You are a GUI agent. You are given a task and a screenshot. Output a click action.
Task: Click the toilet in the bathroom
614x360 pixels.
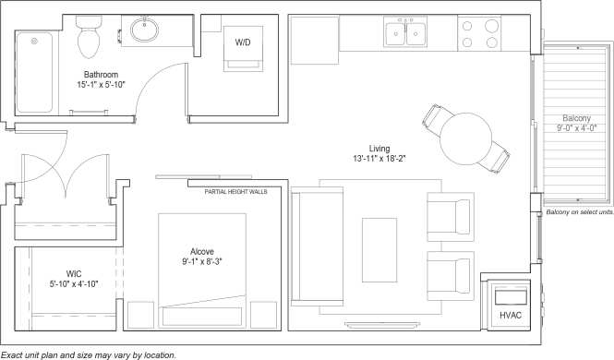pos(90,38)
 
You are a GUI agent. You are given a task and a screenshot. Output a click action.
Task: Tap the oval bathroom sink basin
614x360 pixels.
pos(146,31)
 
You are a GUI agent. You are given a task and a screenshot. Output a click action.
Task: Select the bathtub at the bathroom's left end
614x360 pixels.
pos(35,71)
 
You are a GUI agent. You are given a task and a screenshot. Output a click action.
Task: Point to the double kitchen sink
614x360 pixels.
pos(406,34)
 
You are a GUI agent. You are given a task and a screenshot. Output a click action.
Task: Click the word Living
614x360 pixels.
pos(379,148)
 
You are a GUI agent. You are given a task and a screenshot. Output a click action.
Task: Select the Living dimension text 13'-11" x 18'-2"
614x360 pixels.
pos(379,159)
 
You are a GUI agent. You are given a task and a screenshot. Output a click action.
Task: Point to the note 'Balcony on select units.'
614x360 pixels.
pos(580,212)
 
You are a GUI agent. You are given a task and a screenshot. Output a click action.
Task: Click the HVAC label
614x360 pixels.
pos(511,316)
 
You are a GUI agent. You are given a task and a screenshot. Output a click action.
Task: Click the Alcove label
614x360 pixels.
pos(202,250)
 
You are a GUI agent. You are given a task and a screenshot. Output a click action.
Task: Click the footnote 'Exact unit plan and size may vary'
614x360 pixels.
pos(89,354)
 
